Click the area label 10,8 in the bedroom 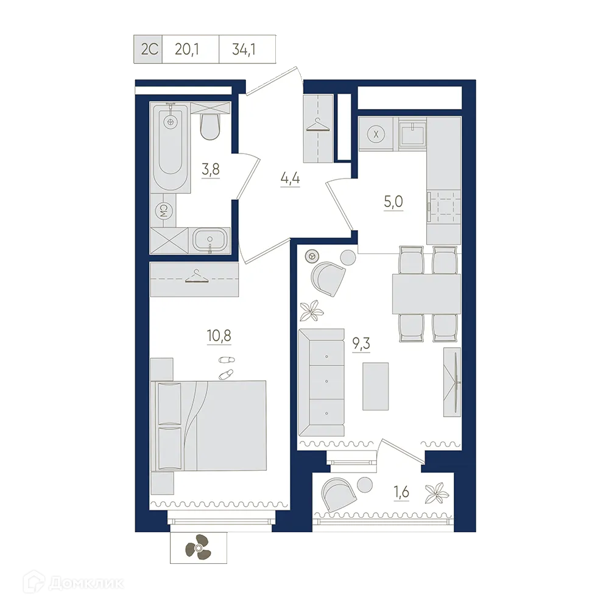pyautogui.click(x=219, y=335)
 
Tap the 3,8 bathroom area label pyautogui.click(x=211, y=169)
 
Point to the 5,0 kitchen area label pyautogui.click(x=393, y=202)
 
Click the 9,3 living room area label pyautogui.click(x=361, y=343)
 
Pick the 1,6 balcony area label pyautogui.click(x=401, y=491)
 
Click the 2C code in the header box pyautogui.click(x=149, y=49)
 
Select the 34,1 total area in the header pyautogui.click(x=244, y=49)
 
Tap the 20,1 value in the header pyautogui.click(x=187, y=49)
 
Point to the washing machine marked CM pyautogui.click(x=163, y=211)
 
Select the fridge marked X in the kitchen pyautogui.click(x=376, y=135)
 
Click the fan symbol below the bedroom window pyautogui.click(x=198, y=547)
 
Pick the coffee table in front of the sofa pyautogui.click(x=376, y=387)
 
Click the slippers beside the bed pyautogui.click(x=226, y=367)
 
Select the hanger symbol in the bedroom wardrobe pyautogui.click(x=194, y=276)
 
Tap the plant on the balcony pyautogui.click(x=437, y=492)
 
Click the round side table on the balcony pyautogui.click(x=365, y=485)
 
